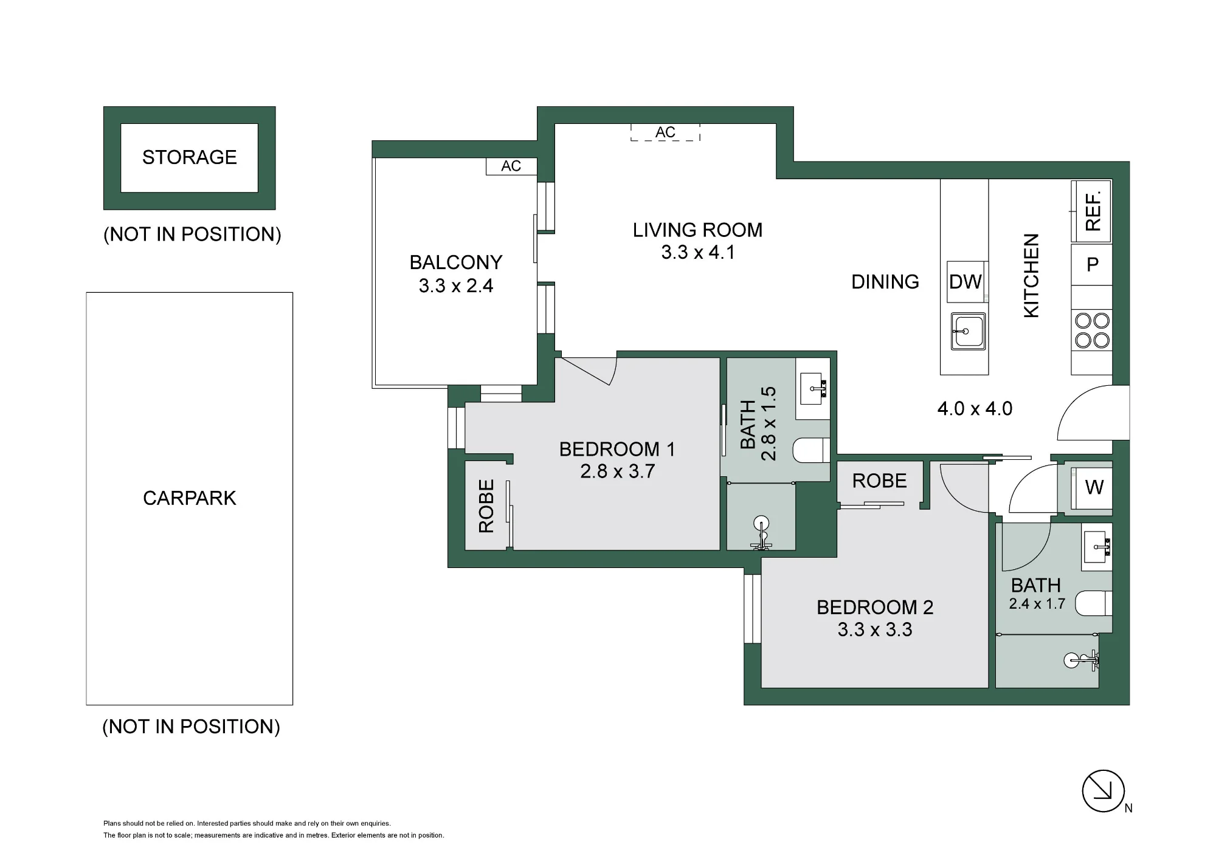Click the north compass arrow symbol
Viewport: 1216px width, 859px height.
click(x=1104, y=791)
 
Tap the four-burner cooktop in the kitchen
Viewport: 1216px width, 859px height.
click(x=1092, y=330)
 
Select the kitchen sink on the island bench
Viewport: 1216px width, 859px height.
click(x=967, y=331)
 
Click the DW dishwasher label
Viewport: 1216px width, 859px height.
click(x=965, y=282)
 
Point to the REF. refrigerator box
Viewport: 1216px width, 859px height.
click(x=1091, y=211)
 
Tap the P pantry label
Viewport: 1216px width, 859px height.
click(x=1093, y=264)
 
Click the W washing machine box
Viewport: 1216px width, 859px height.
click(x=1092, y=488)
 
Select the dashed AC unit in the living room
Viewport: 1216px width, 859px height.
click(x=665, y=132)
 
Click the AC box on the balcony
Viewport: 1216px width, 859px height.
click(x=511, y=166)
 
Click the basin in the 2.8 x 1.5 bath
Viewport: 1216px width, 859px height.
click(x=813, y=389)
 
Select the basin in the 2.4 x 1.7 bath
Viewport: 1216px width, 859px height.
click(x=1097, y=547)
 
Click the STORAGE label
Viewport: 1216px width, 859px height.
click(x=190, y=157)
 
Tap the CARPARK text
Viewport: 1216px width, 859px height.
click(x=190, y=498)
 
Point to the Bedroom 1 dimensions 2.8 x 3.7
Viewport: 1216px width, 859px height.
click(x=617, y=471)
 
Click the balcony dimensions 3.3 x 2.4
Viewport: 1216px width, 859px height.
click(x=456, y=286)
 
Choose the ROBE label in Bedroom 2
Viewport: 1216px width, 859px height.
click(x=879, y=481)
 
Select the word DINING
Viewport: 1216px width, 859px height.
click(x=885, y=282)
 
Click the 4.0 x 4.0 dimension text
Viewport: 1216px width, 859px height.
click(x=975, y=409)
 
